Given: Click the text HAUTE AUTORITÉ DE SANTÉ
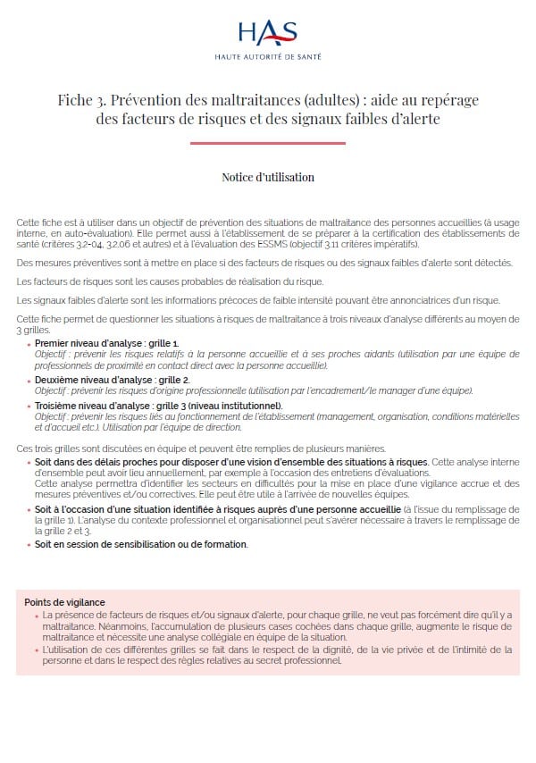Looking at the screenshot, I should coord(268,56).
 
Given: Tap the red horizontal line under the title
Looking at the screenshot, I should coord(268,143).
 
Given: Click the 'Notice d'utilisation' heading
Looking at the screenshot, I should coord(268,177).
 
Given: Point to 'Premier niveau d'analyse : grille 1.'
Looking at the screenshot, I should coord(107,343).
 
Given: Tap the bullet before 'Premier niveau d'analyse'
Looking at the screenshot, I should coord(28,343).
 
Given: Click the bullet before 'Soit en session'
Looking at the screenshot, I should coord(28,544).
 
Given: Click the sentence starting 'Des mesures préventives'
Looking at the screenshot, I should coord(264,262).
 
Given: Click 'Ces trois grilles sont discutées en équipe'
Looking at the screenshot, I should coord(107,448).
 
